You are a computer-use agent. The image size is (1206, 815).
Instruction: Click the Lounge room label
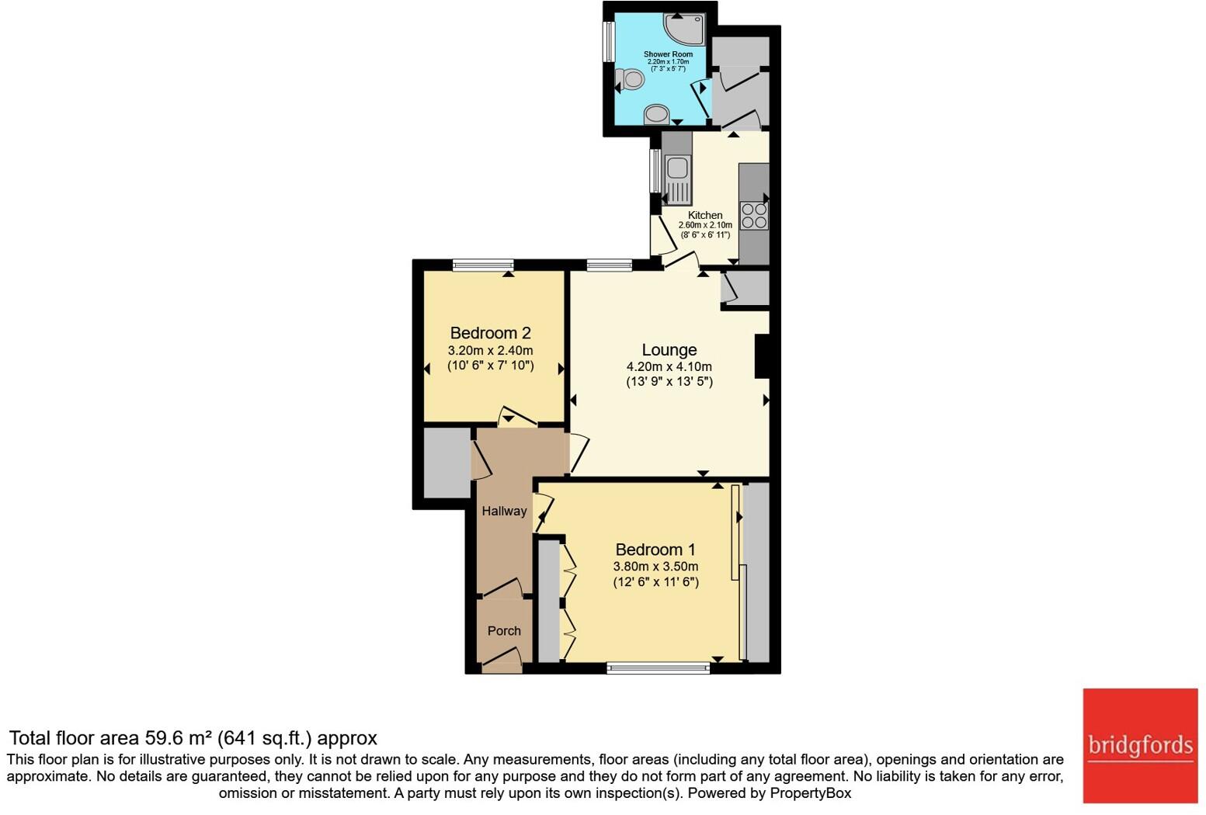click(x=669, y=350)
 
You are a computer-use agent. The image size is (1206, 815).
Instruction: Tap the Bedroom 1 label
click(x=655, y=550)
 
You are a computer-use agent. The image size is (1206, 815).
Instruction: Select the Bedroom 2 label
click(x=490, y=333)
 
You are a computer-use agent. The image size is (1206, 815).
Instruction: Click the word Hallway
click(x=504, y=511)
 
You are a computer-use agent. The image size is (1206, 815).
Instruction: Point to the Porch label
click(x=504, y=631)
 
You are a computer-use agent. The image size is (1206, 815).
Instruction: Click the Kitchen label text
click(x=705, y=215)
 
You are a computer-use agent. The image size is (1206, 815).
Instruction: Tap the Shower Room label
click(x=668, y=54)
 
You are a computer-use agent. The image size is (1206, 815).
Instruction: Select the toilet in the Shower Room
click(x=631, y=79)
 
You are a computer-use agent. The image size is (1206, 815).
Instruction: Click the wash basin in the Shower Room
click(x=657, y=114)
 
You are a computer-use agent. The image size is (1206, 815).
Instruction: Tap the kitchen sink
click(x=676, y=167)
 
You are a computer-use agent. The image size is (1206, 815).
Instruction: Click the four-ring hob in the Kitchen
click(x=754, y=215)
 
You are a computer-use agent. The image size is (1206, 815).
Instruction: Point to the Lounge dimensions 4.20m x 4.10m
click(x=669, y=366)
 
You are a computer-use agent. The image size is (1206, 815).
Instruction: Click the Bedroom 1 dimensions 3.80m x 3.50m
click(x=655, y=567)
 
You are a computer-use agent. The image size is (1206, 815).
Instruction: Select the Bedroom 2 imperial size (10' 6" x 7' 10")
click(x=490, y=366)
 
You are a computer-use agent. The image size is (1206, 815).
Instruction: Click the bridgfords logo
click(x=1140, y=746)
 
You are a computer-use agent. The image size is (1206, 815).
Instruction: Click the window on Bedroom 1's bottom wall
click(x=658, y=666)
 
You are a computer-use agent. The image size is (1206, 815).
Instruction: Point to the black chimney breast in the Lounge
click(x=762, y=356)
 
